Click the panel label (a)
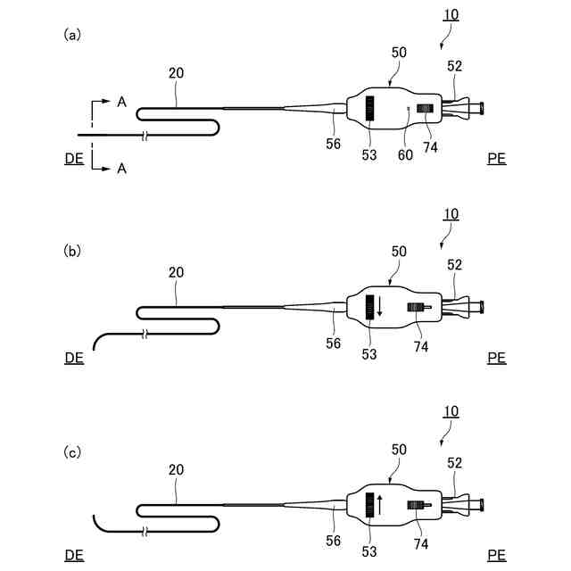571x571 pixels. (72, 35)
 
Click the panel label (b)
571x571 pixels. (72, 252)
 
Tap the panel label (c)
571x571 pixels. (72, 452)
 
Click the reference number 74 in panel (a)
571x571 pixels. (431, 147)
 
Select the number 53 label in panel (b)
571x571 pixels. (369, 354)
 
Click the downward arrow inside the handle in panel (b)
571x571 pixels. (380, 306)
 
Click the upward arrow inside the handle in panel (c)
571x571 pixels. (380, 505)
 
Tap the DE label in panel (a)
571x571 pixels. (74, 159)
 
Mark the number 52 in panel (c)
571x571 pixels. (454, 462)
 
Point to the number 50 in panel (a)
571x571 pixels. (398, 53)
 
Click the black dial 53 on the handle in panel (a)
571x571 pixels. (368, 110)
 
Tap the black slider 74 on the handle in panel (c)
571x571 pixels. (417, 507)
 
